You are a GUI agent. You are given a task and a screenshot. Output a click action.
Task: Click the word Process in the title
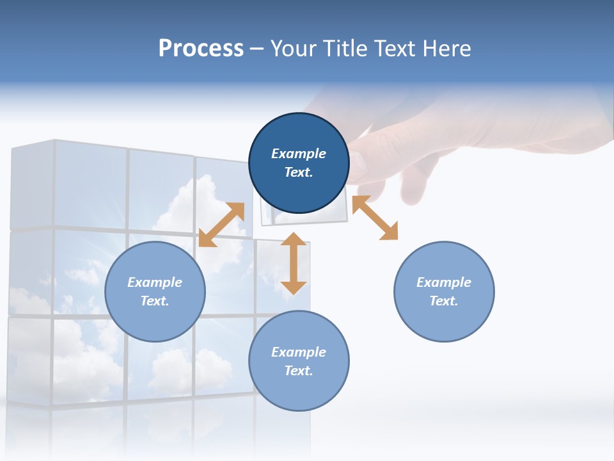(x=201, y=49)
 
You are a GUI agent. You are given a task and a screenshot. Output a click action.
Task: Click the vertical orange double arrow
(x=294, y=263)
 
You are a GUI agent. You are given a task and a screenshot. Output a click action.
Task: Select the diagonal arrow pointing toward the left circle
(x=221, y=225)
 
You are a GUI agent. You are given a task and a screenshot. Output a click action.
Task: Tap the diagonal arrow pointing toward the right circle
(x=375, y=218)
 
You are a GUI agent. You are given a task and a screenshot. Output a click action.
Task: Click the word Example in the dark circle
(x=299, y=154)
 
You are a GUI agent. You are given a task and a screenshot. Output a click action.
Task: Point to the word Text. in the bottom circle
(x=299, y=371)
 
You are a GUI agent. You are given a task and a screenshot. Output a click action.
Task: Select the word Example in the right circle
(x=444, y=282)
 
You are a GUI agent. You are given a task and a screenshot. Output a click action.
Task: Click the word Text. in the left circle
(x=155, y=301)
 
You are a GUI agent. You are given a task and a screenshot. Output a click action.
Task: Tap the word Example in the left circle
(x=155, y=282)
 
